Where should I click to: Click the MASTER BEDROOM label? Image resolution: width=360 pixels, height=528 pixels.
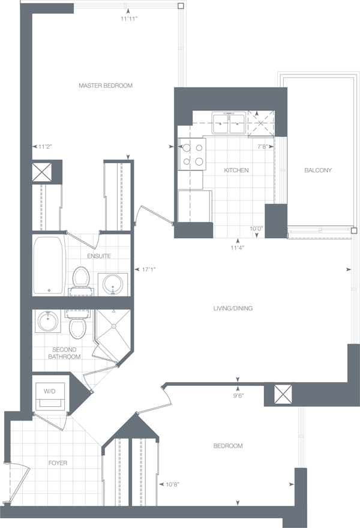106,86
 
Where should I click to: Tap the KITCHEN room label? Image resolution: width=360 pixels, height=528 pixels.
236,170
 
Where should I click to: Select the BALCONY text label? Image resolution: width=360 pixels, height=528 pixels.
318,170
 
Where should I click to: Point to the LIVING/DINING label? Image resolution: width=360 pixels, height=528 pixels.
233,308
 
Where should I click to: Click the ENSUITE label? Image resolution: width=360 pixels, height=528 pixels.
99,256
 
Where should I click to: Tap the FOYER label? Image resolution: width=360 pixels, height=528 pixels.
58,463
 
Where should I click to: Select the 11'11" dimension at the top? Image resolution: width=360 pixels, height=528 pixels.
129,19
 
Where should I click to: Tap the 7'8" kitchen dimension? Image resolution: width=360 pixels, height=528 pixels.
262,146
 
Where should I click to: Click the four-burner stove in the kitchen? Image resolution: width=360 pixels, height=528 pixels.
191,153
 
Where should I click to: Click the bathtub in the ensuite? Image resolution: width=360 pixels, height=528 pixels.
49,266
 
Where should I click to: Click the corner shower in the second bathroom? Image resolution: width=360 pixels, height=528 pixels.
112,326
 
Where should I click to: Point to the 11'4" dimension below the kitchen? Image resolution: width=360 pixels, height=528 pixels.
238,247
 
